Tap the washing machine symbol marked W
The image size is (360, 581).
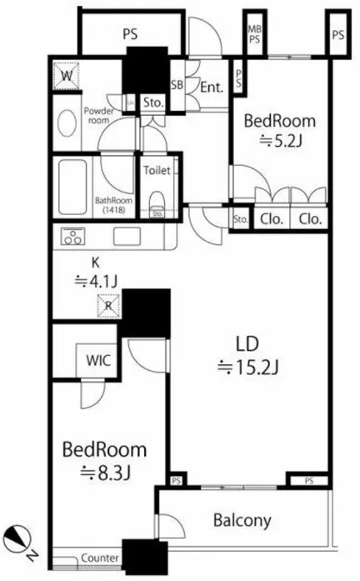(67, 76)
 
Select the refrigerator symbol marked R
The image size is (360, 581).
(108, 306)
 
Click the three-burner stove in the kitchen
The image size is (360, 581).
(73, 237)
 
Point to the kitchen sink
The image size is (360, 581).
(127, 237)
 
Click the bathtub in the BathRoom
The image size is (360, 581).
(72, 187)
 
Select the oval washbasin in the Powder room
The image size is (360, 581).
(67, 123)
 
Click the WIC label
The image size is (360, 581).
(97, 360)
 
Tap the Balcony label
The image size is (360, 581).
(242, 520)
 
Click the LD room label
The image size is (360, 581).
(247, 344)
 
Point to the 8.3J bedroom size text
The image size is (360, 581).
(106, 473)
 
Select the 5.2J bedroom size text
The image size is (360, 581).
(280, 141)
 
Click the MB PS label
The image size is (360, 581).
(254, 33)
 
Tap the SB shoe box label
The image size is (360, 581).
(177, 85)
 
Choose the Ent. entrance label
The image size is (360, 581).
(212, 88)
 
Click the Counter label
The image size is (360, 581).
(100, 558)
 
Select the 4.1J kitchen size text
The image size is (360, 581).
(96, 282)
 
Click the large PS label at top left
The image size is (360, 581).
(130, 34)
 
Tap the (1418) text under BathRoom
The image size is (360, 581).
(114, 210)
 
